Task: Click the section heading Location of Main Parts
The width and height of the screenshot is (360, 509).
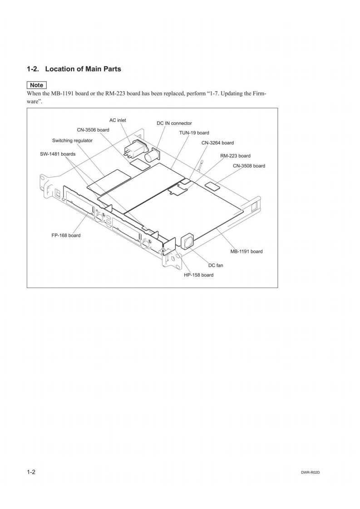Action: click(83, 69)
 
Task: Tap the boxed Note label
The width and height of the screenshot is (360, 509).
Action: click(37, 85)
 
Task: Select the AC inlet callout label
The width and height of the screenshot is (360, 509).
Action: click(118, 120)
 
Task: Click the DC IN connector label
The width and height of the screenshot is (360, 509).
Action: click(174, 123)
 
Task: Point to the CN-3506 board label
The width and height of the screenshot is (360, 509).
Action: click(93, 130)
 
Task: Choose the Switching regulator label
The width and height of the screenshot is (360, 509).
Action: click(72, 141)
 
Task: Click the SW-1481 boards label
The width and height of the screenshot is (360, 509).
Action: click(58, 154)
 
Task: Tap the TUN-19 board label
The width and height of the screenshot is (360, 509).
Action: click(194, 133)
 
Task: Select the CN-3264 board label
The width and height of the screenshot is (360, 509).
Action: click(217, 143)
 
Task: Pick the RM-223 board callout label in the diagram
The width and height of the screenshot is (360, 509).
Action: click(235, 156)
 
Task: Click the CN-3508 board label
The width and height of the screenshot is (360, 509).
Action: click(249, 166)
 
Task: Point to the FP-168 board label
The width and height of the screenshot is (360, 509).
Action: click(66, 235)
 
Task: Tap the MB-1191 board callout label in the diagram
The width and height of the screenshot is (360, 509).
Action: click(247, 251)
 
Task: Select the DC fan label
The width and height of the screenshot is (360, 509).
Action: click(216, 265)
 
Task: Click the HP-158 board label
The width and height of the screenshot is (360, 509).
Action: click(198, 275)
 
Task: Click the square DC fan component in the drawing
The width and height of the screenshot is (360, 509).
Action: click(187, 241)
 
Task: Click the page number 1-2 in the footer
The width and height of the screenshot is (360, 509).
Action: click(31, 472)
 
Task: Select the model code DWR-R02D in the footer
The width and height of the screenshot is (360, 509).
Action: click(311, 472)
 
